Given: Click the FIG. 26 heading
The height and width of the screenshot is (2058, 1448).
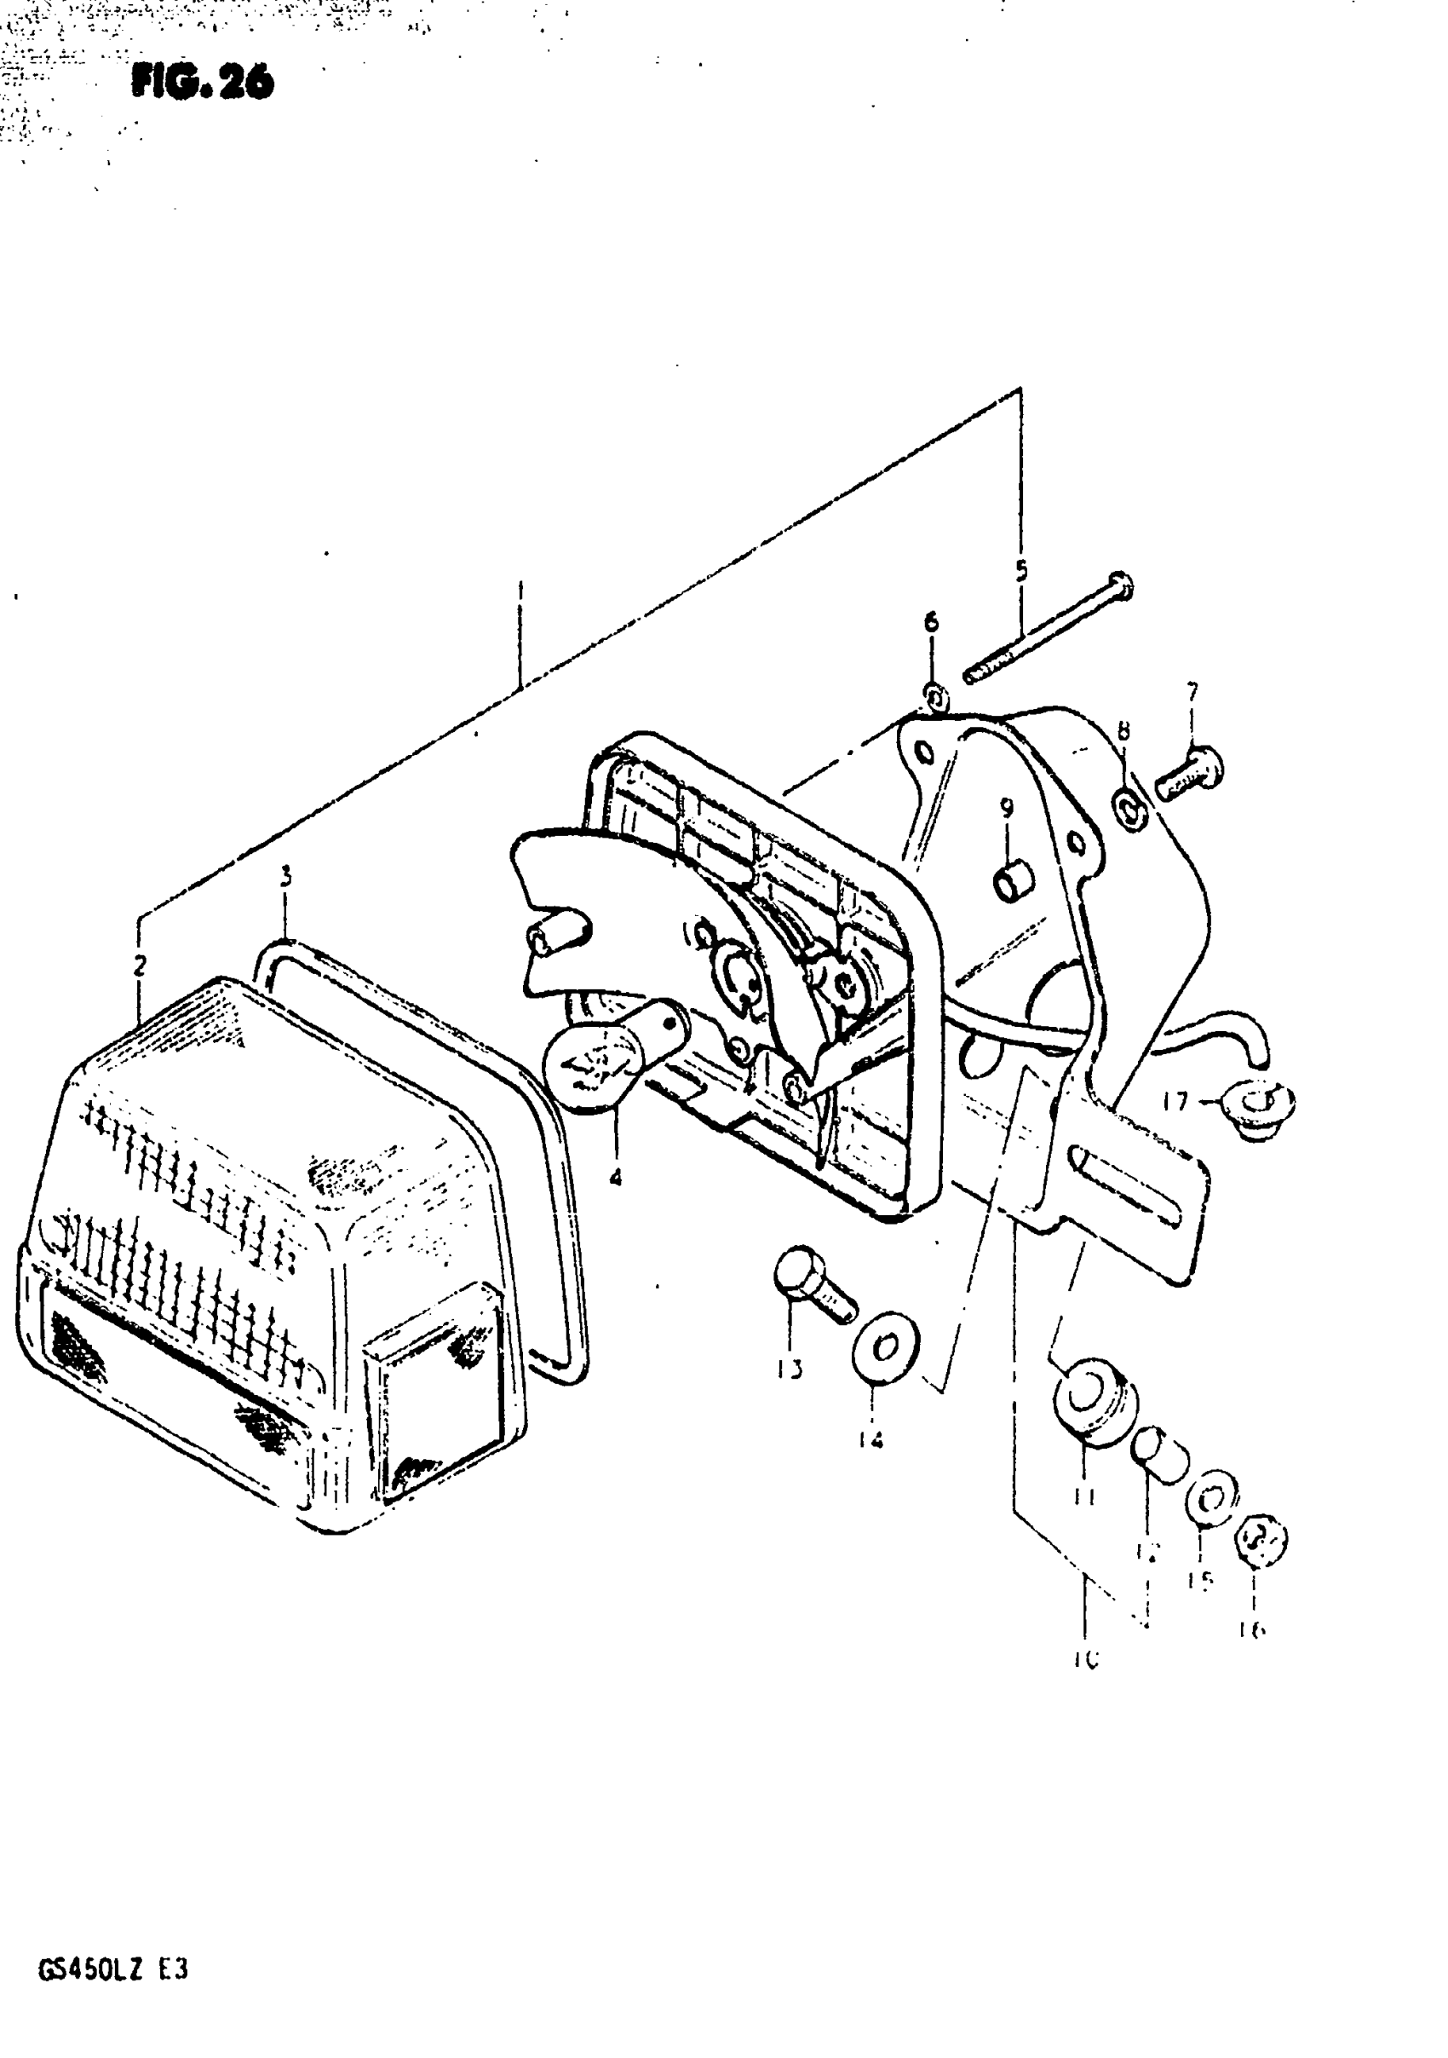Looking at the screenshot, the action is pos(204,83).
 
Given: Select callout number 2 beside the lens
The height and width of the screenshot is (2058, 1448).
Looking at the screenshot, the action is pos(140,966).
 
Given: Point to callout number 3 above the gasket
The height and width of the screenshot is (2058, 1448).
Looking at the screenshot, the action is pos(286,877).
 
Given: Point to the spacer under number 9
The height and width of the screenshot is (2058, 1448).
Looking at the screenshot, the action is pos(1013,881).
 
